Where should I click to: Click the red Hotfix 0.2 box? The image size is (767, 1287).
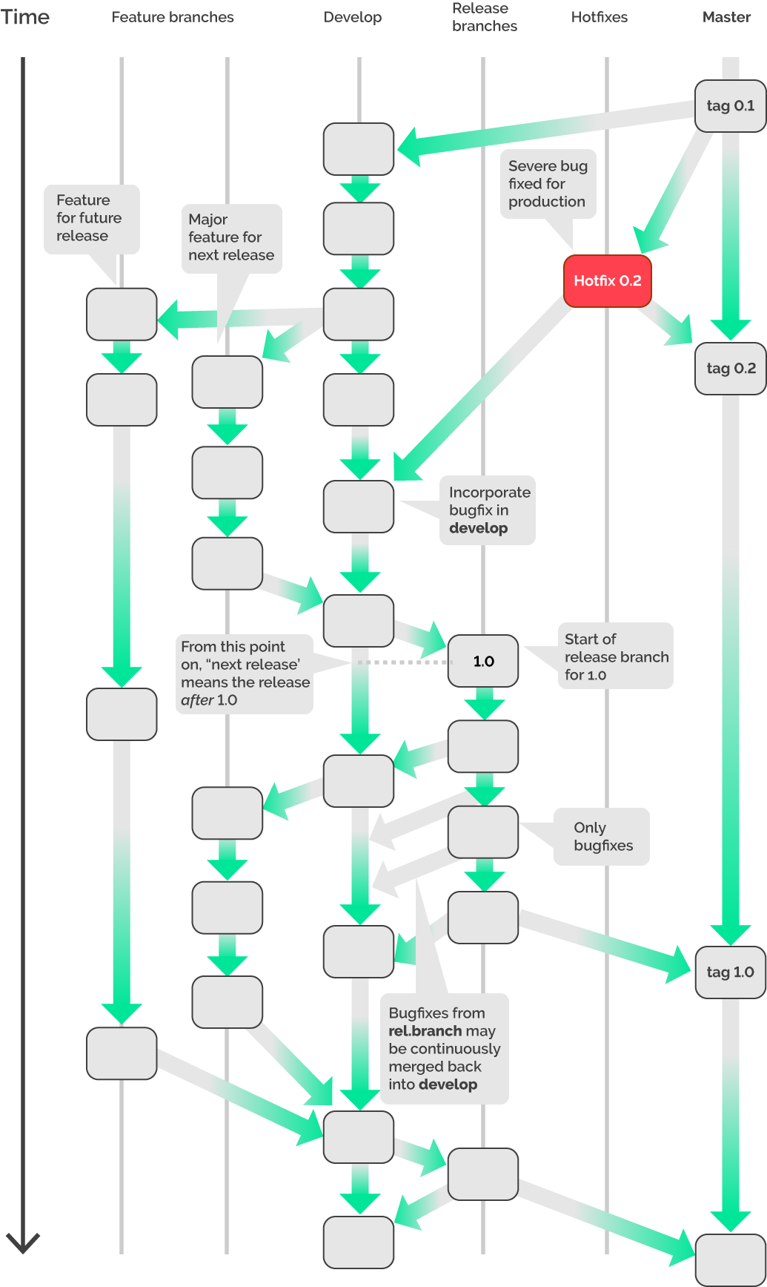click(607, 281)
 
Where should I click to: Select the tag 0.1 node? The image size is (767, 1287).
click(730, 106)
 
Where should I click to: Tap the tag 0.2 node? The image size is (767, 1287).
click(730, 369)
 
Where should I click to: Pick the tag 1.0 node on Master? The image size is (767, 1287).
click(730, 972)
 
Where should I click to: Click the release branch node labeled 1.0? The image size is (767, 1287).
click(483, 661)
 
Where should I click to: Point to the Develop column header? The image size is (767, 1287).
click(353, 17)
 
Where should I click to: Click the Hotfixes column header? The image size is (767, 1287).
click(599, 17)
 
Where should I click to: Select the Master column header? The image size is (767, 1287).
click(726, 17)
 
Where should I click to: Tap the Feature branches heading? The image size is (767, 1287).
click(173, 17)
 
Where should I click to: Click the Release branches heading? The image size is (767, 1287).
click(485, 17)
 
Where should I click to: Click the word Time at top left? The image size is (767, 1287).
click(25, 17)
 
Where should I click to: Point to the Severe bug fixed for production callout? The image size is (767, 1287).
click(548, 184)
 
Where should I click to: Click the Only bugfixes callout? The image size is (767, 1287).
click(602, 837)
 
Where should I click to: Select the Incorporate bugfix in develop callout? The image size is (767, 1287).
click(488, 510)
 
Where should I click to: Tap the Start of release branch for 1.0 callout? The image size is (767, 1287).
click(615, 656)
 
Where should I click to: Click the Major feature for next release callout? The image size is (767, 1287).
click(231, 237)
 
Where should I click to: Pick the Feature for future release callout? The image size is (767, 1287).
click(91, 218)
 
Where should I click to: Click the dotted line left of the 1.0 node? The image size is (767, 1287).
click(400, 662)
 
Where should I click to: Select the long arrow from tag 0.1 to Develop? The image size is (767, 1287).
click(548, 130)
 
